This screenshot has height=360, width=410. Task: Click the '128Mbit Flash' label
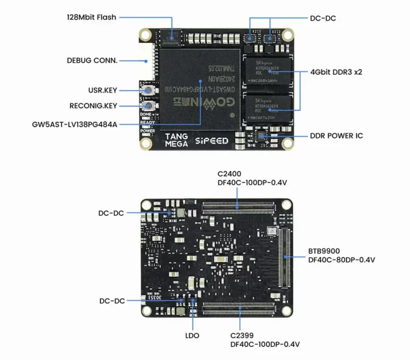click(91, 17)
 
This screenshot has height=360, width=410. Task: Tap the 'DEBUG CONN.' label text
click(92, 60)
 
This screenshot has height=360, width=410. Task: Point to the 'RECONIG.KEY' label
click(93, 105)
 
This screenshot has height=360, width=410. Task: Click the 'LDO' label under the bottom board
click(192, 336)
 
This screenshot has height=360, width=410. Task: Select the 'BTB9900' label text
click(323, 251)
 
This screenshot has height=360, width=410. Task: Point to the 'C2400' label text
click(230, 173)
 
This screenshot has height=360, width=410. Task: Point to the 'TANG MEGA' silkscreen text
click(177, 140)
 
